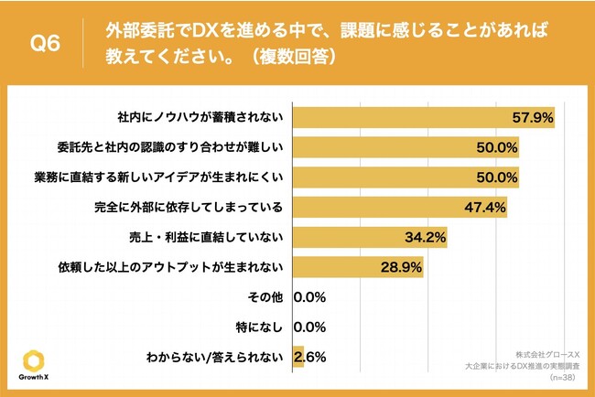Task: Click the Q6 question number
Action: (44, 44)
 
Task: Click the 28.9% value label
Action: (400, 268)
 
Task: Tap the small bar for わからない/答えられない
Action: (297, 357)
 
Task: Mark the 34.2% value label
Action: (424, 238)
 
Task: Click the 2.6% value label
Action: (311, 357)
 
